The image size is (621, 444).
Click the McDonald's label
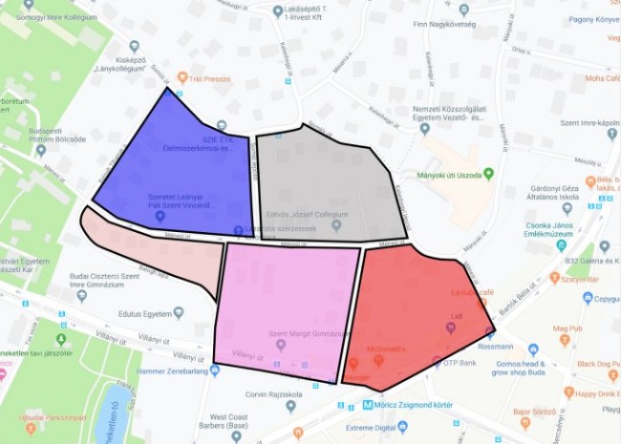coord(382,349)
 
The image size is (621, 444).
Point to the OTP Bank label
coord(461,363)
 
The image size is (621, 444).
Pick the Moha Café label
coord(602,77)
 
